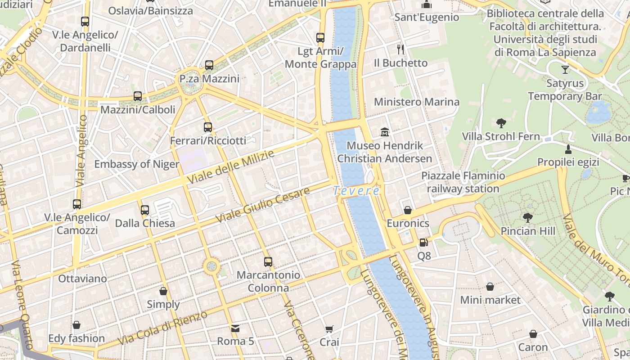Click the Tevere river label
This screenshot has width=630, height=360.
pos(356,191)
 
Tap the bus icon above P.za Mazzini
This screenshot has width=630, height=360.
pos(209,65)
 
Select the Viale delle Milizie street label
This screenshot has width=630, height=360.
pos(230,167)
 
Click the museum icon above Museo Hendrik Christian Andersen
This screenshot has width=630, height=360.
pos(385,132)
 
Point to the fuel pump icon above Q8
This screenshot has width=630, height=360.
pos(423,243)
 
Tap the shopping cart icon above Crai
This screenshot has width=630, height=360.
pos(329,329)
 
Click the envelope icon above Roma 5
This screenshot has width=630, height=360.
pos(235,328)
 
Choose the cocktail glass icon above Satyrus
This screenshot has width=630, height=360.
pos(565,70)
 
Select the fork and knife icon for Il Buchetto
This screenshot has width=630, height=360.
pos(400,49)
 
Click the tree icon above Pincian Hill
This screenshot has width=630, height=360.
pos(528,218)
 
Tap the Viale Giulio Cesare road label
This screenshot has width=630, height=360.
pos(263,205)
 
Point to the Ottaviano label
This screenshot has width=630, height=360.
pos(83,279)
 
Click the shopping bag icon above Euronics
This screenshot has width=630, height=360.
pos(408,210)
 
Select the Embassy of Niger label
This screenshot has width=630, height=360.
pos(136,164)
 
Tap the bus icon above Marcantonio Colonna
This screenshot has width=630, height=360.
pos(268,261)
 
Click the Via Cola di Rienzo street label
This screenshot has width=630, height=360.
pos(163,328)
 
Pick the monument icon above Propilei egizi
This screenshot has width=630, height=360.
pos(568,149)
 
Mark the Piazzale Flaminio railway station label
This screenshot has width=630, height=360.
pos(463,182)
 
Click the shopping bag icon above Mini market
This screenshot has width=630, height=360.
pos(490,287)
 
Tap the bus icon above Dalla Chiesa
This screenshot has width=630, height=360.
pos(145,210)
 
